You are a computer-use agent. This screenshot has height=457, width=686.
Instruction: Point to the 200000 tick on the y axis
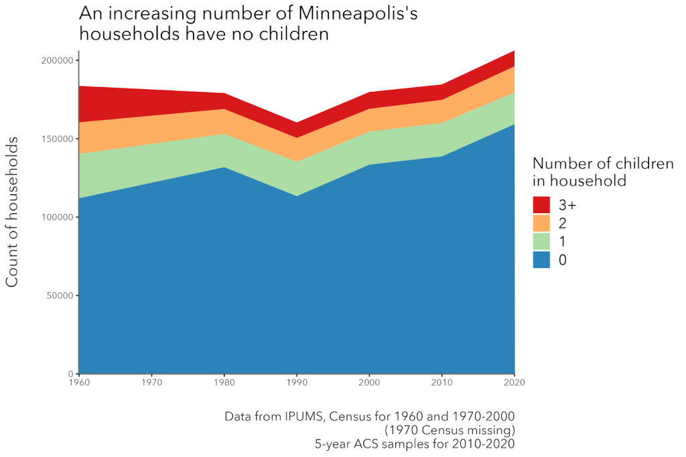(x=56, y=60)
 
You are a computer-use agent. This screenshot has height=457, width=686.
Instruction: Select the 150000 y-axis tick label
(x=56, y=139)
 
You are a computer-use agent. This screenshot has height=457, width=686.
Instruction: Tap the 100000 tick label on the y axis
(x=56, y=217)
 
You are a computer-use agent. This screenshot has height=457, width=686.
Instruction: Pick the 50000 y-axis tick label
(x=58, y=296)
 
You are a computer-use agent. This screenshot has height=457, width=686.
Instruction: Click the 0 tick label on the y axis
(x=70, y=374)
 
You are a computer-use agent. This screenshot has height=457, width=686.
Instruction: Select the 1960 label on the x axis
(x=79, y=383)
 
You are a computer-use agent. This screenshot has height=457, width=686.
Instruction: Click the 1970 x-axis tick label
(x=151, y=383)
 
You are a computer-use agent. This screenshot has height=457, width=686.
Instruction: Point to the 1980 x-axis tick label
(x=224, y=383)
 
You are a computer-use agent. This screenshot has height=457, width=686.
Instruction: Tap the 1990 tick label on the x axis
(x=297, y=383)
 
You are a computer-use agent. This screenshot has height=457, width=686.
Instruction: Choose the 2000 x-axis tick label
(x=369, y=383)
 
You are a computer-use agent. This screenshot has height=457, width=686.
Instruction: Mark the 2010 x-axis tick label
(x=441, y=383)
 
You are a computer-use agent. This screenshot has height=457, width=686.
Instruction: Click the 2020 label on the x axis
(x=514, y=383)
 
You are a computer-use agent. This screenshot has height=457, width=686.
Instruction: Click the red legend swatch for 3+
(x=541, y=204)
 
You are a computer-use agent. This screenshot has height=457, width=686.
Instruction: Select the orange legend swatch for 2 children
(x=541, y=223)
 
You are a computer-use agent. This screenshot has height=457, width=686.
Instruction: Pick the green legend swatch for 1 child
(x=541, y=241)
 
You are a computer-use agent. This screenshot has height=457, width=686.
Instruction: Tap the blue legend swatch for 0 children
(x=541, y=260)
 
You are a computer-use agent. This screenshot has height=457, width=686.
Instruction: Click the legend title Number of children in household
(x=602, y=172)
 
